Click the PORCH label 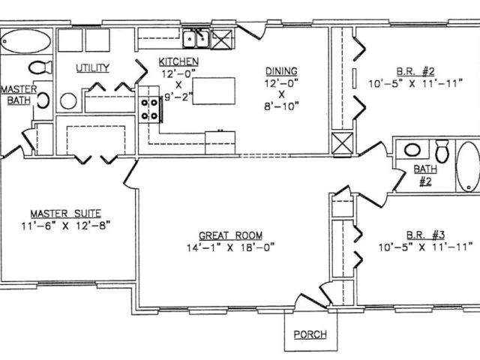(310, 334)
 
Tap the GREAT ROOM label (230, 235)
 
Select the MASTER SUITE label (65, 214)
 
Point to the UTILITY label (92, 67)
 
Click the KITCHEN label (178, 61)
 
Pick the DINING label (281, 71)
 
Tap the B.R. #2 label (415, 72)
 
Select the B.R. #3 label (425, 235)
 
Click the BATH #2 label (425, 175)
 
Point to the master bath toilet (40, 67)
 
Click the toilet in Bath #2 (442, 151)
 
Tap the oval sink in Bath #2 (412, 150)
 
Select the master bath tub (26, 41)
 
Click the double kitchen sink (196, 39)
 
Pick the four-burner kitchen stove (149, 109)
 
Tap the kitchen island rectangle (214, 91)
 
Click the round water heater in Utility (68, 101)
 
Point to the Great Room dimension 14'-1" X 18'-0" (230, 247)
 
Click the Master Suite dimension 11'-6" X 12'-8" (65, 226)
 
